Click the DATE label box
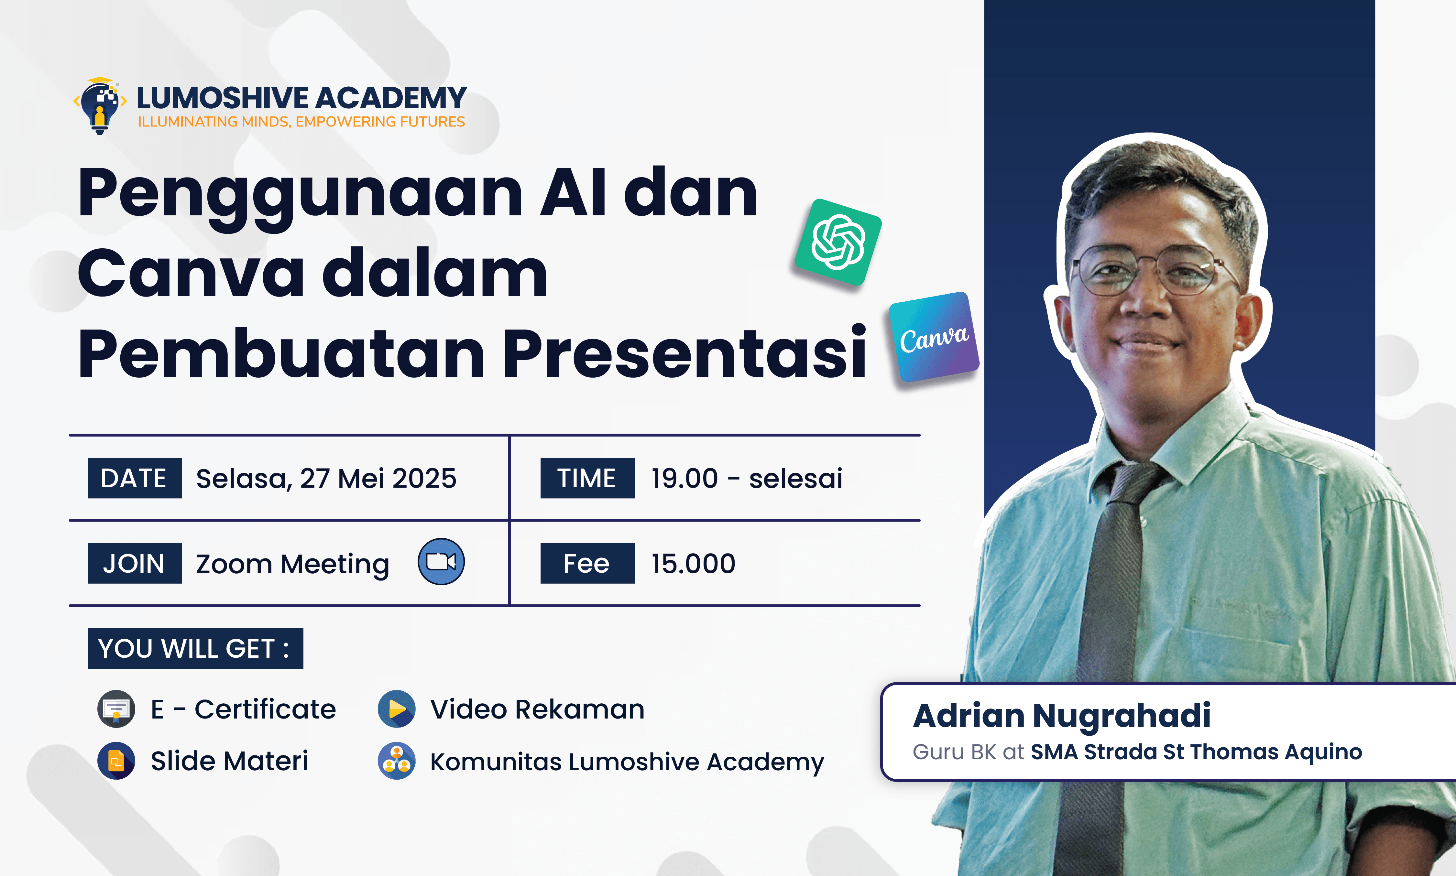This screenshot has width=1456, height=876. (x=135, y=478)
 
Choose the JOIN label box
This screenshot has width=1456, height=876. (x=135, y=563)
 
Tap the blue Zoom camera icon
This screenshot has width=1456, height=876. (x=441, y=561)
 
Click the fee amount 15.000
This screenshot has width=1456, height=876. (x=693, y=564)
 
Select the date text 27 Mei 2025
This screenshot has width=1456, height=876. (x=378, y=479)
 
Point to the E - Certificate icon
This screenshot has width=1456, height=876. (x=116, y=709)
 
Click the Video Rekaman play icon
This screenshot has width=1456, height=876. (x=396, y=709)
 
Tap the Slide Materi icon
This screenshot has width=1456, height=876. (x=116, y=761)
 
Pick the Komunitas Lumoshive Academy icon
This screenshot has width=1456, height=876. (x=396, y=761)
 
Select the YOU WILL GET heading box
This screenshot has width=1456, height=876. (x=195, y=648)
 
